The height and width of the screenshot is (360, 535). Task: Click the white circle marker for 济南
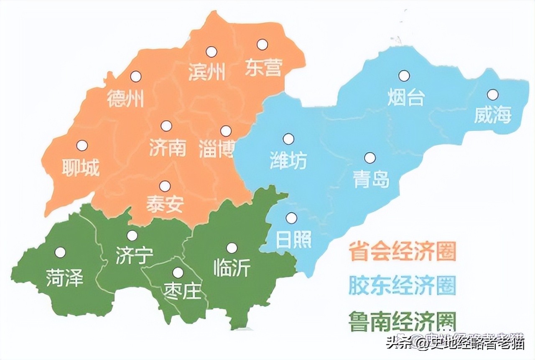pos(166,126)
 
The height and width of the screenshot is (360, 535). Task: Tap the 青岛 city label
pos(371,179)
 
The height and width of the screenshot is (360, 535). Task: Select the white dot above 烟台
pos(404,76)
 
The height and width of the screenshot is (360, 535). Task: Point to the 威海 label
pos(492,114)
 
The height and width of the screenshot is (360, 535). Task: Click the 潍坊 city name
pos(288,160)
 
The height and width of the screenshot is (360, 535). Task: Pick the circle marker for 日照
pos(291,218)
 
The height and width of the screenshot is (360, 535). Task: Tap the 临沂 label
pos(232,268)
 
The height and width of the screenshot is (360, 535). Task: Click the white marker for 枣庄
pos(178,273)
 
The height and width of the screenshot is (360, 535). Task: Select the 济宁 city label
pos(134,255)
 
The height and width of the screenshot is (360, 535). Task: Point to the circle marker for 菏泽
pos(60,252)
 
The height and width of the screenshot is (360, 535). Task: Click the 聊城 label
pos(81,167)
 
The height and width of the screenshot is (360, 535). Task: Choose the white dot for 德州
pos(135,76)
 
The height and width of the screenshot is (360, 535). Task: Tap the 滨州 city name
pos(207,71)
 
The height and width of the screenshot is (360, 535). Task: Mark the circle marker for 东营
pos(262,44)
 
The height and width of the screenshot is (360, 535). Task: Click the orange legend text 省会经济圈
pos(403,251)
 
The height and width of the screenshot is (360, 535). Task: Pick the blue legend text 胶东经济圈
pos(403,286)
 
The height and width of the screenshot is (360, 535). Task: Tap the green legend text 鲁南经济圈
pos(403,321)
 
